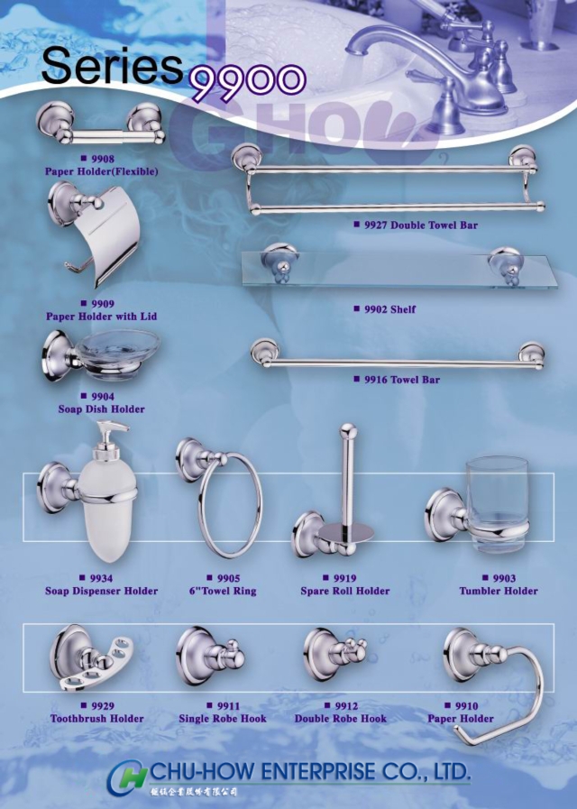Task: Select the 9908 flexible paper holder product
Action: [x=99, y=124]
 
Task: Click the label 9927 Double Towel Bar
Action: [x=415, y=225]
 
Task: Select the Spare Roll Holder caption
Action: [x=345, y=592]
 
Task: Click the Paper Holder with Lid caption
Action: [x=102, y=317]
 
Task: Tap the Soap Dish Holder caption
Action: [x=101, y=409]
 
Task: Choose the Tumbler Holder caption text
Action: [x=499, y=592]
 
